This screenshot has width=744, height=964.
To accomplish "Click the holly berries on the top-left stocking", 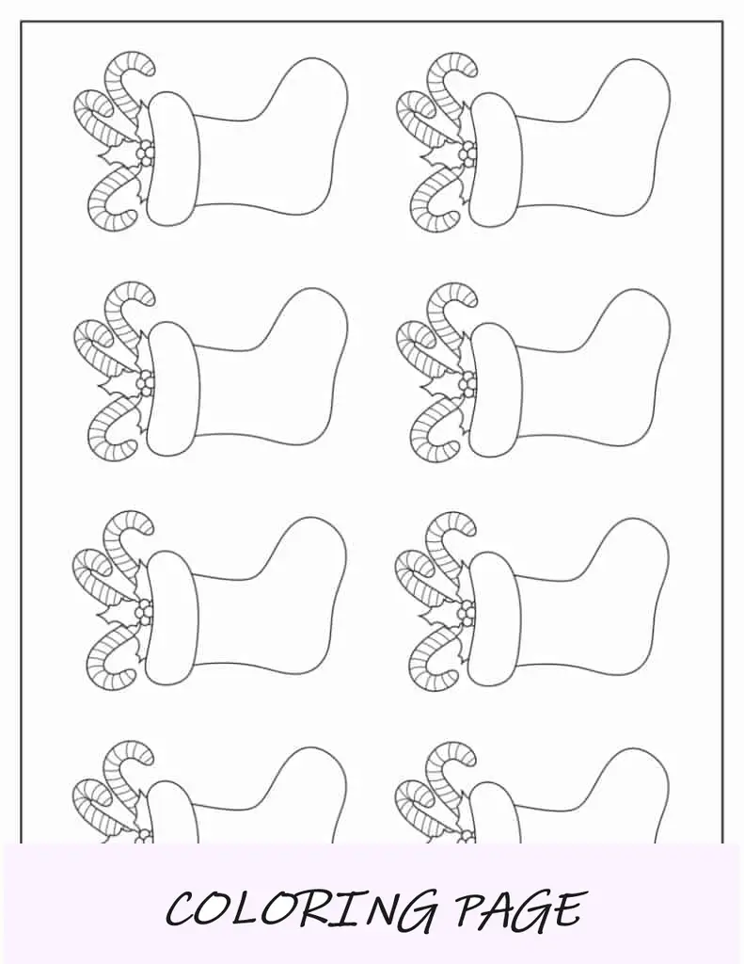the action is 145,153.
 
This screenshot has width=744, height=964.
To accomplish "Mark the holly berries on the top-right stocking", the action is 468,153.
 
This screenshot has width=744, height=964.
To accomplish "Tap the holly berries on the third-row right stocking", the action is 468,611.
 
